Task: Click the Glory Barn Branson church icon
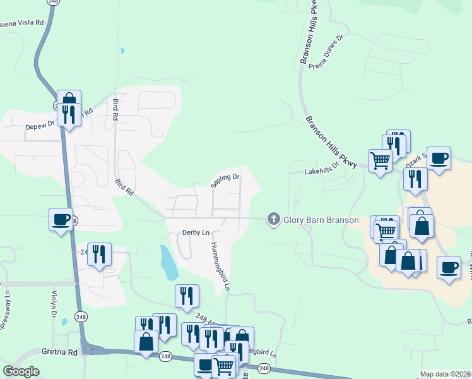tap(273, 219)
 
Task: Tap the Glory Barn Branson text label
tap(321, 220)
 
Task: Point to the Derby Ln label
tap(196, 232)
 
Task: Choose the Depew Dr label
tap(40, 124)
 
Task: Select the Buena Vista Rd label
tap(25, 23)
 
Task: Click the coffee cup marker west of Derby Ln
tap(61, 220)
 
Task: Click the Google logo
tap(21, 371)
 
